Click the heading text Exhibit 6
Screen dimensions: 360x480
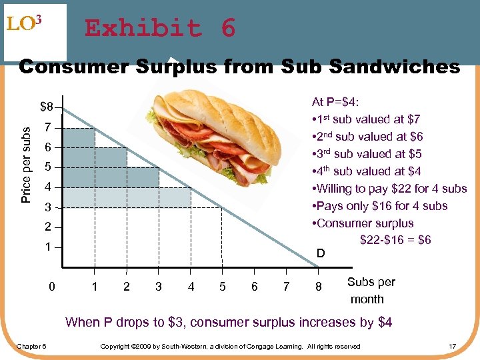(x=160, y=29)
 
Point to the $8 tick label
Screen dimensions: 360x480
(x=47, y=107)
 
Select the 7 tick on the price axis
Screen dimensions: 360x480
(x=47, y=127)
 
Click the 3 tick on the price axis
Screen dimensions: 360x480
(x=47, y=207)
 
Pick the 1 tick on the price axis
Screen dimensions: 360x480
(x=47, y=247)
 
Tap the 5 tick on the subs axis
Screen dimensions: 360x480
(x=223, y=287)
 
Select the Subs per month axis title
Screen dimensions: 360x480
(x=370, y=290)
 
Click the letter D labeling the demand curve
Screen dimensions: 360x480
(x=321, y=253)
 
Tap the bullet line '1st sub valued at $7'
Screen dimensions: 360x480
(x=365, y=119)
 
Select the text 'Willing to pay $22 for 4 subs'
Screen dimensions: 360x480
(x=389, y=189)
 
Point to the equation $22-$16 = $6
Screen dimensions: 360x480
(x=395, y=240)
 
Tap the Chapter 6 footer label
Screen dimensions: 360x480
(x=31, y=346)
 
